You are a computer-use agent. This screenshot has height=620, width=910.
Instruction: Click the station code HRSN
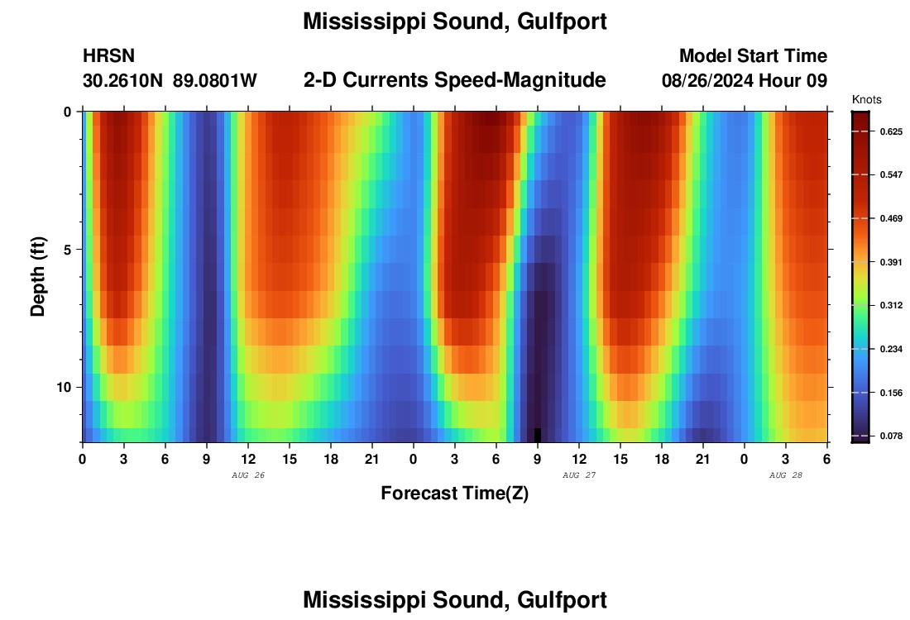pyautogui.click(x=108, y=56)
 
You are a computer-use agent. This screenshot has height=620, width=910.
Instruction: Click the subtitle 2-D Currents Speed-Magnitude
pyautogui.click(x=455, y=80)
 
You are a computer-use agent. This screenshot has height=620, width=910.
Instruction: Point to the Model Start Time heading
pyautogui.click(x=753, y=56)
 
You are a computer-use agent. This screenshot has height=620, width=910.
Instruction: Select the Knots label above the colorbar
pyautogui.click(x=866, y=100)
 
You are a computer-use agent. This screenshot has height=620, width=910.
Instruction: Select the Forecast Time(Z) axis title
pyautogui.click(x=454, y=494)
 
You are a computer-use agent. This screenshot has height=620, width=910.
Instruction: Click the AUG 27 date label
pyautogui.click(x=579, y=475)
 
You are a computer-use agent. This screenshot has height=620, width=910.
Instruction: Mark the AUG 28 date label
pyautogui.click(x=786, y=475)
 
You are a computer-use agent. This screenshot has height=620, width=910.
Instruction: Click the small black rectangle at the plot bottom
pyautogui.click(x=538, y=435)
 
